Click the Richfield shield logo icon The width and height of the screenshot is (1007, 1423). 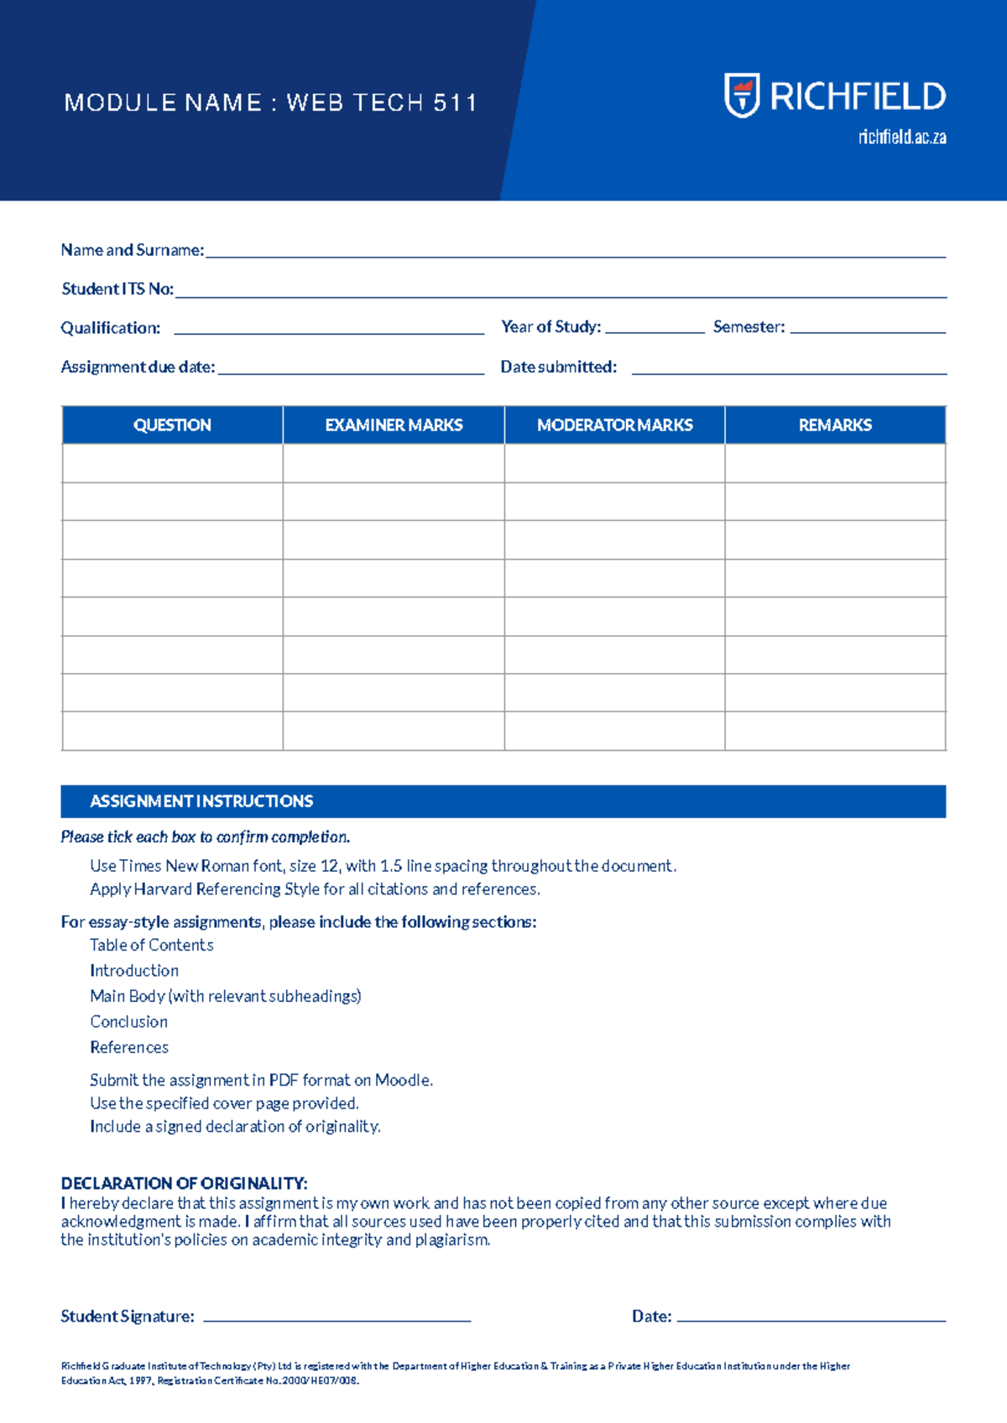click(x=742, y=95)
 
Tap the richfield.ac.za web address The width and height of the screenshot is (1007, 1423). click(x=902, y=138)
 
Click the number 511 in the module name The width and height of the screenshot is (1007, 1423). click(x=455, y=103)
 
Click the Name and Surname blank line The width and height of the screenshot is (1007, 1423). click(x=575, y=254)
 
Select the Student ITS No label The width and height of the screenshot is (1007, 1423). click(x=117, y=289)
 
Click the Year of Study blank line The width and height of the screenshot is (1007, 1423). click(x=655, y=331)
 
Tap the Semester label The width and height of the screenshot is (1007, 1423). click(x=749, y=327)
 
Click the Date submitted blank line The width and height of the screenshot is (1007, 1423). click(x=789, y=371)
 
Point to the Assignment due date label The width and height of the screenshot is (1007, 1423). click(x=138, y=367)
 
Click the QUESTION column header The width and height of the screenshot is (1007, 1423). click(x=172, y=425)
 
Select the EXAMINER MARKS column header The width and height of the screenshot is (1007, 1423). click(x=394, y=425)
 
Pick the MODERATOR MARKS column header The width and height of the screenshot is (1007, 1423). click(x=614, y=425)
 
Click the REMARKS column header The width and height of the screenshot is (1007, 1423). click(x=835, y=425)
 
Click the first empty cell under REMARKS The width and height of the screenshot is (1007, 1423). click(x=835, y=463)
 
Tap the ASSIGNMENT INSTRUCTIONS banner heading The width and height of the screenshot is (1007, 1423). click(x=201, y=801)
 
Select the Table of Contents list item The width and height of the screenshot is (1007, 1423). click(x=152, y=946)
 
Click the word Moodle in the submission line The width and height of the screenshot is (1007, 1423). click(x=402, y=1081)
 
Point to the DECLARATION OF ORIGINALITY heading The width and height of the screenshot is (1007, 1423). click(x=184, y=1184)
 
